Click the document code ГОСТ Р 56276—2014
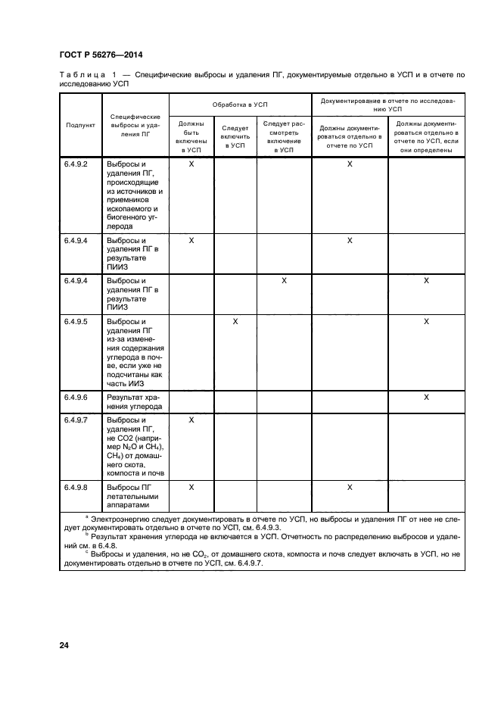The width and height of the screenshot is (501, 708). pyautogui.click(x=101, y=55)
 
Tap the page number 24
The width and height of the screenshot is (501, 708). pyautogui.click(x=64, y=645)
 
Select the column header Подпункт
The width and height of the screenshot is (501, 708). pyautogui.click(x=80, y=126)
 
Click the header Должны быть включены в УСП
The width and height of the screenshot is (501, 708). pyautogui.click(x=191, y=136)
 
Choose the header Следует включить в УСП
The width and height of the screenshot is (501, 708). pyautogui.click(x=235, y=136)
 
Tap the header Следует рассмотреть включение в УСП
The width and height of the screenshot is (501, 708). pyautogui.click(x=284, y=136)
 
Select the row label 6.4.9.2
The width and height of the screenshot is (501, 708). pyautogui.click(x=76, y=164)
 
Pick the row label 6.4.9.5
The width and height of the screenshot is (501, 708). pyautogui.click(x=76, y=322)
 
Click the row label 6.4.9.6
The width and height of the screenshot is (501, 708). pyautogui.click(x=76, y=398)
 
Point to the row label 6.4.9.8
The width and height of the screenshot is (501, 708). pyautogui.click(x=76, y=488)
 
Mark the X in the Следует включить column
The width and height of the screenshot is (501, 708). pyautogui.click(x=235, y=322)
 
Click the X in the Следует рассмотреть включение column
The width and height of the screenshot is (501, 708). pyautogui.click(x=284, y=281)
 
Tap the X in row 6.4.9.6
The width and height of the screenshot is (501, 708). pyautogui.click(x=426, y=398)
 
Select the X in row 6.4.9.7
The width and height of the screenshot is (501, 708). pyautogui.click(x=191, y=419)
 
